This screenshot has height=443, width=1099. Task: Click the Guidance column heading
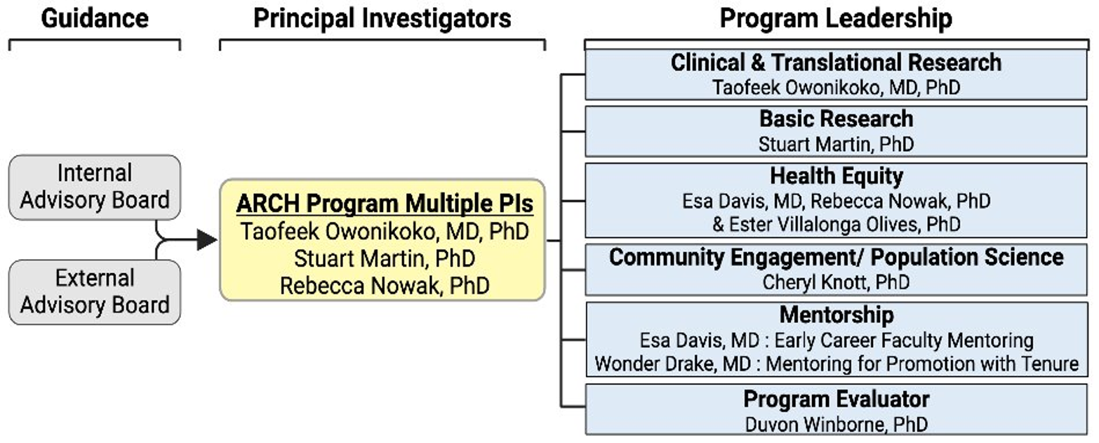click(95, 19)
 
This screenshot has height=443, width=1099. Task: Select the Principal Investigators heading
click(382, 19)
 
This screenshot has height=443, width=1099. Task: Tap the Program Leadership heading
click(836, 19)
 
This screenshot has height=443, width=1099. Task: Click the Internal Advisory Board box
click(95, 187)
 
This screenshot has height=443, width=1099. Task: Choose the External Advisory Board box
click(95, 291)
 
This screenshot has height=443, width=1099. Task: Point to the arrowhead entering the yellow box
click(207, 241)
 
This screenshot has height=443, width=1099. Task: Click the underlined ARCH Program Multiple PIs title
click(385, 205)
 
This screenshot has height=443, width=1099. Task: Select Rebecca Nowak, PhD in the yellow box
click(383, 285)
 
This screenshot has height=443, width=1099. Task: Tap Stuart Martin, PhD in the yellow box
click(385, 258)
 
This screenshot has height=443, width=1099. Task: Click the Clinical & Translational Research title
click(836, 62)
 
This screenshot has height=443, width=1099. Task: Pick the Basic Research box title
click(836, 118)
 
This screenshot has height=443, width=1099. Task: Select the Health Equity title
click(836, 175)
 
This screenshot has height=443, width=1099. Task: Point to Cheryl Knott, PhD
click(836, 282)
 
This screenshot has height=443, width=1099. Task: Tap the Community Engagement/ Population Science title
click(836, 257)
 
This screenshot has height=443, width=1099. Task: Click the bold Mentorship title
click(836, 314)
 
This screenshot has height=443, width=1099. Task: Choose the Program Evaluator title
click(836, 399)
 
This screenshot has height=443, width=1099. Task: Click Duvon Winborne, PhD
click(836, 423)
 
